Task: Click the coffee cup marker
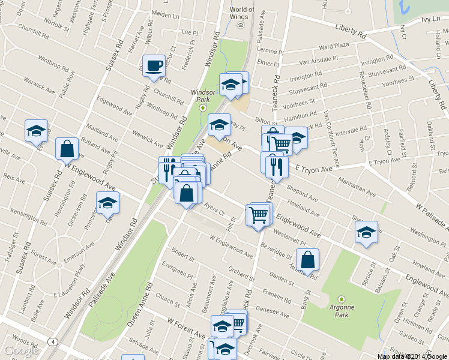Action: [x=154, y=65]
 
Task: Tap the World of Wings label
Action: [x=242, y=13]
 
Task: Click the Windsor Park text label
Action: [x=202, y=96]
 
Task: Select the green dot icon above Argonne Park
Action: [x=342, y=298]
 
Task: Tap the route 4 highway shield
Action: [x=54, y=342]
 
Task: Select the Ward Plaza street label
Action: [x=334, y=46]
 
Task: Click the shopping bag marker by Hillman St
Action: [x=307, y=260]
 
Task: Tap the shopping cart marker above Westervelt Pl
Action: [x=259, y=214]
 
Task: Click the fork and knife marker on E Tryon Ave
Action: [x=276, y=166]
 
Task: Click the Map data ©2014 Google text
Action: [x=412, y=356]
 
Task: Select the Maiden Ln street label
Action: [x=166, y=13]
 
